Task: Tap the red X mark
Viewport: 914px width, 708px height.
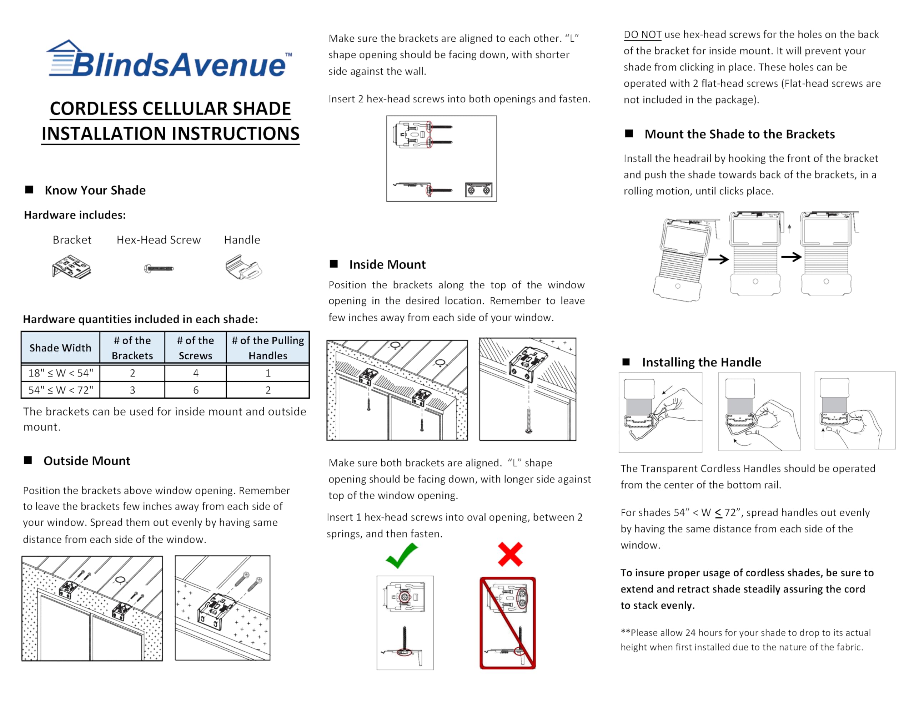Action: (510, 555)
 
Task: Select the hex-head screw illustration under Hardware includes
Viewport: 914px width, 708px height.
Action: (159, 268)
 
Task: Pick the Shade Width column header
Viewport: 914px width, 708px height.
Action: (60, 348)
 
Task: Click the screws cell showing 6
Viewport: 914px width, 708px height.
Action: (195, 390)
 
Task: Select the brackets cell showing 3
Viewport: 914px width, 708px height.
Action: (132, 390)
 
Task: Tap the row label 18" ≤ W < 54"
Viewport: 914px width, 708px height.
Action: (61, 373)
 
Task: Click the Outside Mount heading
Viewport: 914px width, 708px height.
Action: (87, 461)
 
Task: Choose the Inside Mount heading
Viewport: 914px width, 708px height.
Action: (387, 264)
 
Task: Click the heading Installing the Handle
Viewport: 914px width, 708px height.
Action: (702, 362)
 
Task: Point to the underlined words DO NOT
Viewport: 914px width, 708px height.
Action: (642, 35)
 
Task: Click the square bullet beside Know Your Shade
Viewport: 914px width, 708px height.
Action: (29, 190)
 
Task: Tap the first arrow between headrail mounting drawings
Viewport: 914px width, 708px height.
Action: (718, 260)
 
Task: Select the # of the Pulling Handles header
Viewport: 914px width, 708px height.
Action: (268, 348)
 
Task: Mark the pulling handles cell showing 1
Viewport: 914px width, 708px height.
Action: (268, 373)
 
